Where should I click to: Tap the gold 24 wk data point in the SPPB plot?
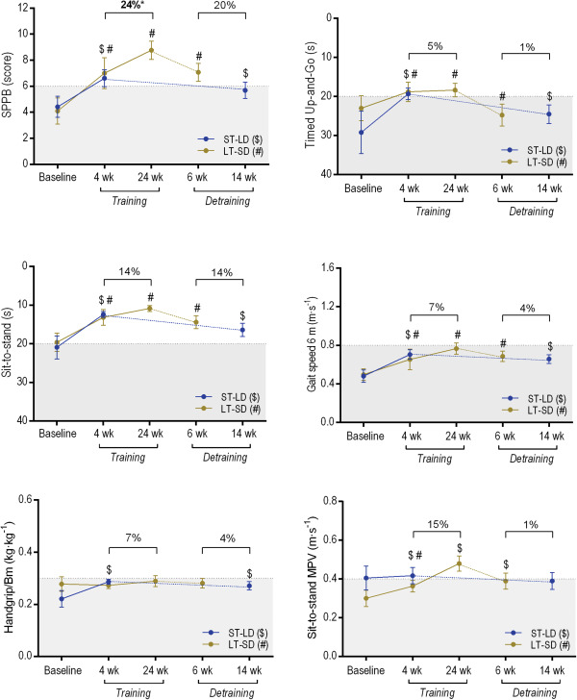coord(150,50)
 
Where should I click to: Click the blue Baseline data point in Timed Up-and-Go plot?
coord(361,133)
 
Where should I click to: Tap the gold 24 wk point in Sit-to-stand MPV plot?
coord(457,563)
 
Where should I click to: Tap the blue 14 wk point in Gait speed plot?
coord(549,360)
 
